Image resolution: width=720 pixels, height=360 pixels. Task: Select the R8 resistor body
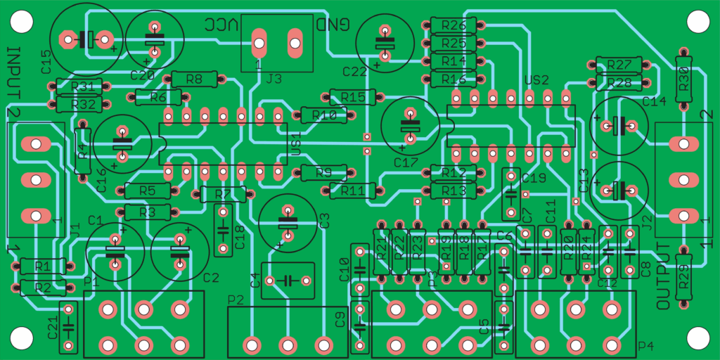click(195, 79)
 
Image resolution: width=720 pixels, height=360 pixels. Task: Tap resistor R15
click(352, 96)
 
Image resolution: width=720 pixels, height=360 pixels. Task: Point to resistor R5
click(148, 190)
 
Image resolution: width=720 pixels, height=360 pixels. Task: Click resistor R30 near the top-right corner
click(683, 79)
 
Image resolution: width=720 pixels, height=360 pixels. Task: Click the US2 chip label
click(536, 79)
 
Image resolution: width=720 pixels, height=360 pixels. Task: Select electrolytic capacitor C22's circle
click(385, 42)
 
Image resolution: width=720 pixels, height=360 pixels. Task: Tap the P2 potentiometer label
click(236, 300)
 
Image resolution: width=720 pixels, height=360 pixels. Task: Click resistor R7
click(223, 193)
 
